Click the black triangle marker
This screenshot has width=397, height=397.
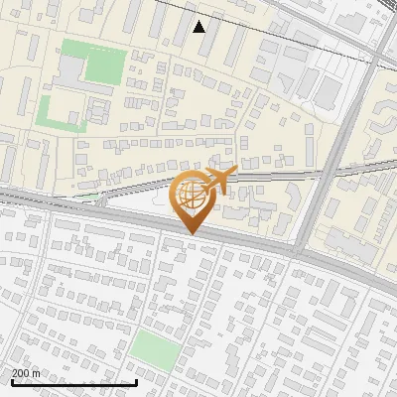(x=199, y=27)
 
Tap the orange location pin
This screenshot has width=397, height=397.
(x=195, y=199)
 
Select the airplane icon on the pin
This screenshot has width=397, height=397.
(x=219, y=180)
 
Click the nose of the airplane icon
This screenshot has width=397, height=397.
(x=237, y=173)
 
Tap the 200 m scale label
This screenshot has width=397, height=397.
(x=26, y=373)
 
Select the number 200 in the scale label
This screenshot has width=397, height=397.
(x=21, y=373)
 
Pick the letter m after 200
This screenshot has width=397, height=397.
(x=36, y=374)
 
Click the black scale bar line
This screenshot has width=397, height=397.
(x=74, y=382)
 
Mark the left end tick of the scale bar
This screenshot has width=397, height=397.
(x=12, y=380)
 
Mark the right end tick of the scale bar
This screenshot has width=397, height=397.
(x=136, y=380)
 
